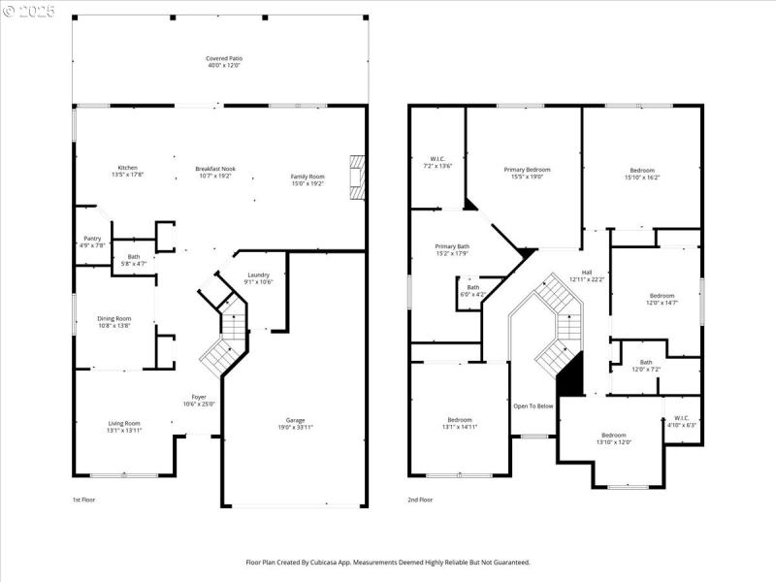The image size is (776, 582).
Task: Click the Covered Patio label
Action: coord(223,58)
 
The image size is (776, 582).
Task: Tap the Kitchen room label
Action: coord(128,168)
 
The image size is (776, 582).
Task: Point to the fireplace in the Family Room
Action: coord(358,178)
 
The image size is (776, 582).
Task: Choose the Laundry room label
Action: coord(258,275)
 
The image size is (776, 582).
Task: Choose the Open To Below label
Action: coord(533,405)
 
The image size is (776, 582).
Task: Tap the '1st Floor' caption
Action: coord(84,501)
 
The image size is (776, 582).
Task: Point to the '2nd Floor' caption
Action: coord(421,501)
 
